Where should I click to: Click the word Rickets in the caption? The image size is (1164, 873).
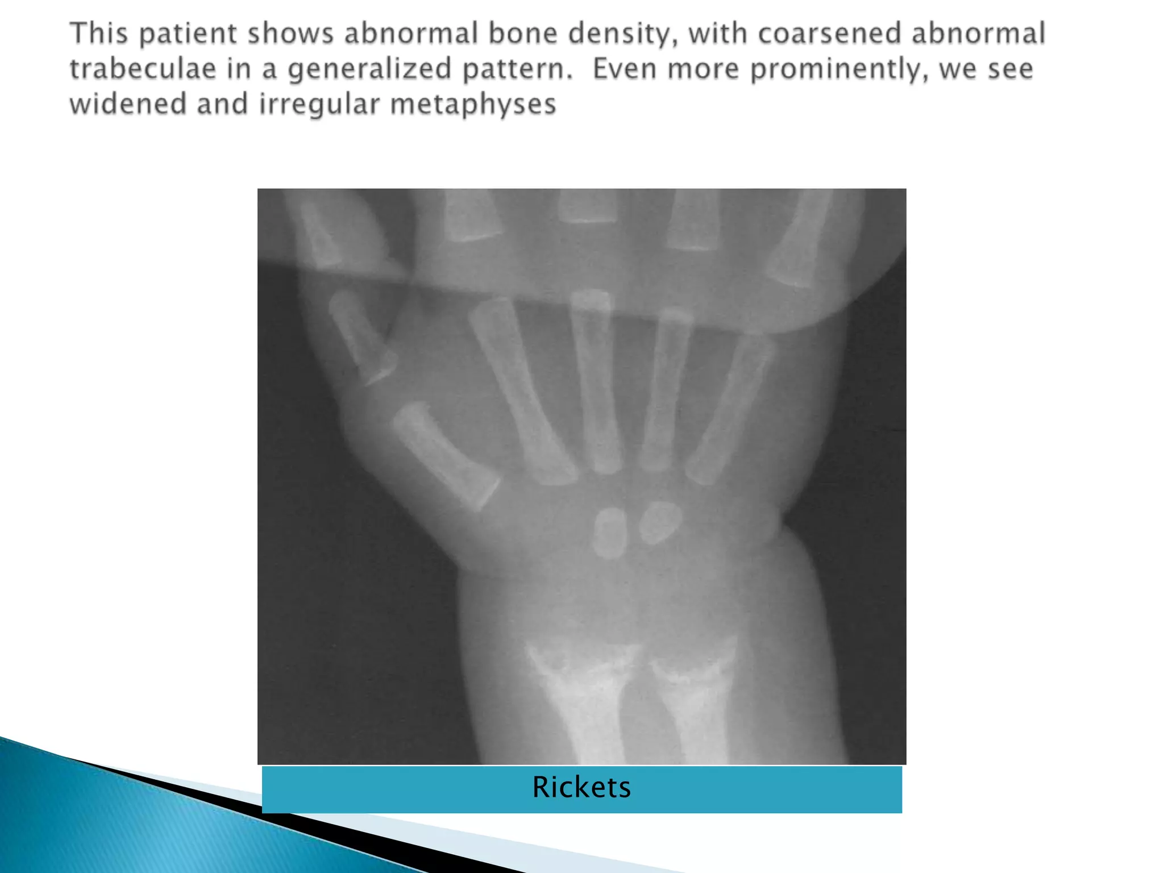(581, 788)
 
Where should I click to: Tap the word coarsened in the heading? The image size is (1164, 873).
(829, 34)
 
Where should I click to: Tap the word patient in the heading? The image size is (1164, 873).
(188, 34)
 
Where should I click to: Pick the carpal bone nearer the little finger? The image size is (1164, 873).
(660, 522)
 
